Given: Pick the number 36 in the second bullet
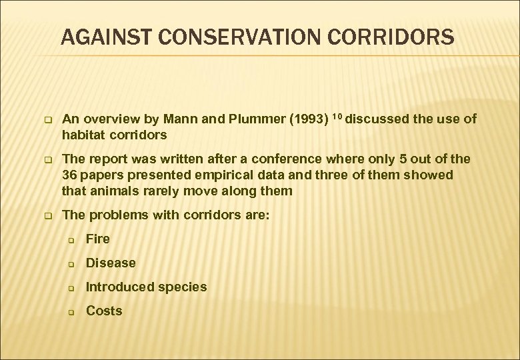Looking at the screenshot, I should pyautogui.click(x=69, y=175).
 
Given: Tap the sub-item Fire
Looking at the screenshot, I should pyautogui.click(x=98, y=239).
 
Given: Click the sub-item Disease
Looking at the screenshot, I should pyautogui.click(x=111, y=263).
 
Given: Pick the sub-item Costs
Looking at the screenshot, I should pyautogui.click(x=104, y=311).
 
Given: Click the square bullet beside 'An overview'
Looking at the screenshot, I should pyautogui.click(x=48, y=121).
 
